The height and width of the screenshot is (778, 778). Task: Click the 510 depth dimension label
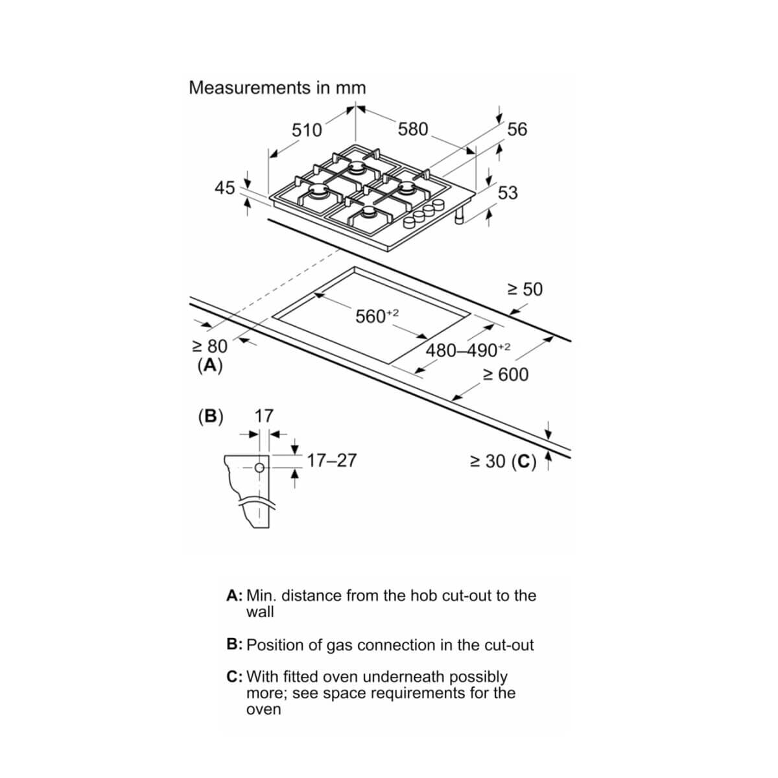coord(307,130)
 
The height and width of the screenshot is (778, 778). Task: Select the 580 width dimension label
coord(413,129)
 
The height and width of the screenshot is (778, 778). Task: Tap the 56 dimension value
coord(517,129)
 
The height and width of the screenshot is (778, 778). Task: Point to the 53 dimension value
coord(508,193)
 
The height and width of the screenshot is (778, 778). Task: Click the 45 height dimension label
coord(225,188)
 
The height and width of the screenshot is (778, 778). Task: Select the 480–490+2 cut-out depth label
coord(468,349)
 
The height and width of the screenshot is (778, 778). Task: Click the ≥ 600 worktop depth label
coord(506,374)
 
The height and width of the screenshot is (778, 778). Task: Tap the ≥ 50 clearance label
coord(525,289)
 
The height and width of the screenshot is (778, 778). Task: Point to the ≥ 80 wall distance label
coord(210,346)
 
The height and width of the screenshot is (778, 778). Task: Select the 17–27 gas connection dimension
coord(332,460)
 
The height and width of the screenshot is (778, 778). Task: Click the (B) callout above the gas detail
coord(211,416)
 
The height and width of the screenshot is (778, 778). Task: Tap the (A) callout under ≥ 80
coord(210,365)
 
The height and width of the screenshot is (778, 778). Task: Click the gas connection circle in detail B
coord(259,468)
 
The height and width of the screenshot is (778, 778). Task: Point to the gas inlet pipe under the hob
coord(460,217)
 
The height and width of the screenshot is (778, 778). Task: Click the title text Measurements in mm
coord(277,88)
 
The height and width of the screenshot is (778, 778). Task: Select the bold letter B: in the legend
coord(234,644)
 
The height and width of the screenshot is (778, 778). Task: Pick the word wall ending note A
coord(260,612)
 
